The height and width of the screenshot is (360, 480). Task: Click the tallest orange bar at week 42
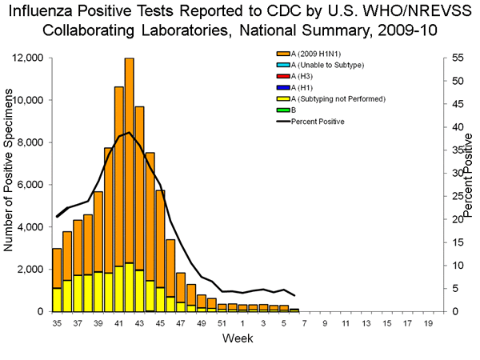tap(129, 160)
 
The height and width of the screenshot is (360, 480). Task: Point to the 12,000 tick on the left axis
tap(28, 58)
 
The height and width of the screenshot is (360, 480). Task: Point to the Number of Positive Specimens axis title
tap(10, 184)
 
